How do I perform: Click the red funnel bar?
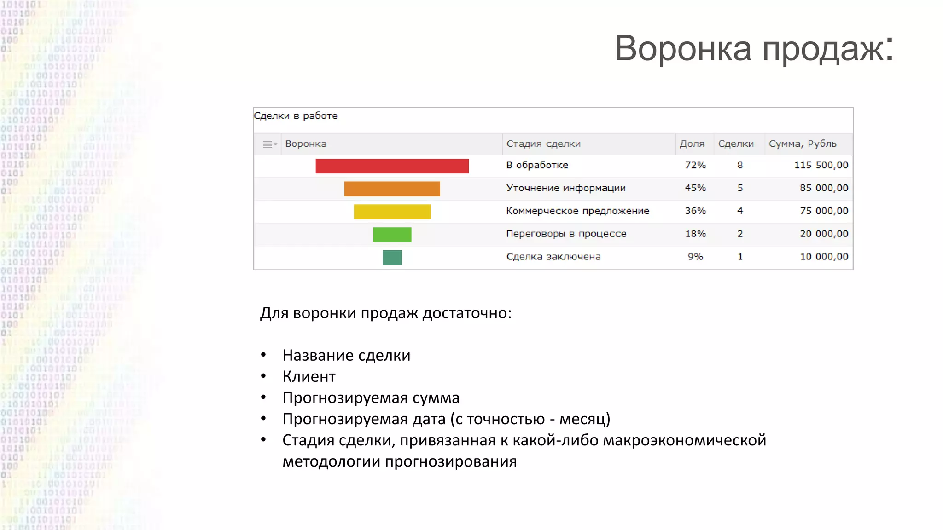click(392, 166)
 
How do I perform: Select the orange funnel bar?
click(392, 189)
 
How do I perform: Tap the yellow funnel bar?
click(392, 212)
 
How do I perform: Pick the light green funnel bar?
click(392, 235)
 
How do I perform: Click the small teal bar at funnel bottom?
click(392, 257)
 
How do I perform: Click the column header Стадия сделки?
click(543, 144)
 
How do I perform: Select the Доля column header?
click(692, 144)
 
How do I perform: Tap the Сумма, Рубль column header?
click(802, 144)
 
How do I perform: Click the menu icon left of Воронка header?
click(269, 144)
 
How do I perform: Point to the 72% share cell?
click(695, 165)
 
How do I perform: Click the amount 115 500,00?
click(821, 165)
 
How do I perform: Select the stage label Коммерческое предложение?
click(577, 211)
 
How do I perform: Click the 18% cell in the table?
click(695, 234)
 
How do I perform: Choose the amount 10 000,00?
click(823, 257)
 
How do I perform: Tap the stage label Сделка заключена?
click(553, 257)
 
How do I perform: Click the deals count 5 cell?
click(739, 188)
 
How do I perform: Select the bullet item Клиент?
click(309, 376)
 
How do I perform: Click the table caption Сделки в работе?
click(296, 116)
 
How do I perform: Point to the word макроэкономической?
click(684, 440)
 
